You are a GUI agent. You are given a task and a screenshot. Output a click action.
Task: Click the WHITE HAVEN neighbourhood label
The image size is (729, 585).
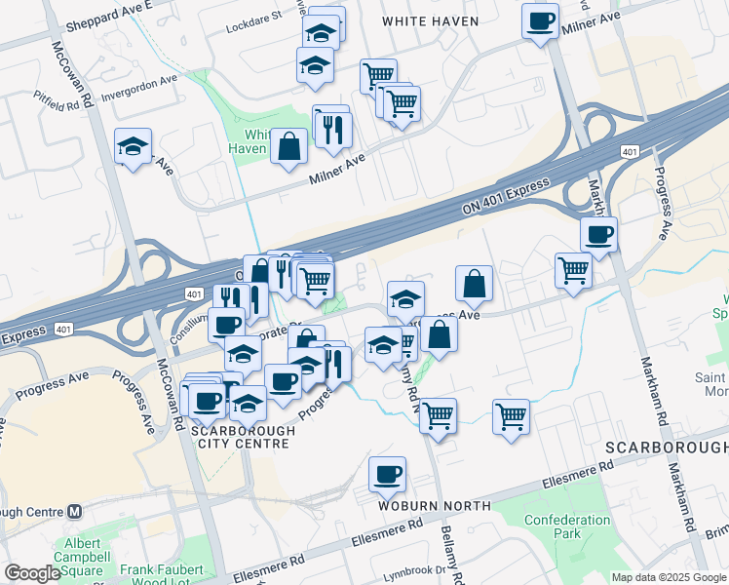point(430,20)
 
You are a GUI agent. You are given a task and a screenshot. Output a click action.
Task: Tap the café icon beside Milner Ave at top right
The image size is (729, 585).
point(540,21)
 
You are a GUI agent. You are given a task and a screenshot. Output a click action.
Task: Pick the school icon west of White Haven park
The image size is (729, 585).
point(133,147)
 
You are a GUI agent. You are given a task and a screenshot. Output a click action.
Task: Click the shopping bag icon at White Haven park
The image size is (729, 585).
point(289,147)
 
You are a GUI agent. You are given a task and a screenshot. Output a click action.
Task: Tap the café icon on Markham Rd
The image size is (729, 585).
point(598,235)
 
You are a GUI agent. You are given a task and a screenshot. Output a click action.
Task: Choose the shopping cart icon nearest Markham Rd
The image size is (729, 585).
point(573,270)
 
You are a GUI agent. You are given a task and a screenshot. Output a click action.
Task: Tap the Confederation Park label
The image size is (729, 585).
point(566,527)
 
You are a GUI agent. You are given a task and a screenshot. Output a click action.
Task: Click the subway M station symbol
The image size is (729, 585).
point(76,511)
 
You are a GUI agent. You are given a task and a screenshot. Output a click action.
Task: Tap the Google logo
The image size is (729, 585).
point(32,573)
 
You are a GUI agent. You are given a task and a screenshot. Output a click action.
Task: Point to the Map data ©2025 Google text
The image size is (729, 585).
point(668,577)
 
